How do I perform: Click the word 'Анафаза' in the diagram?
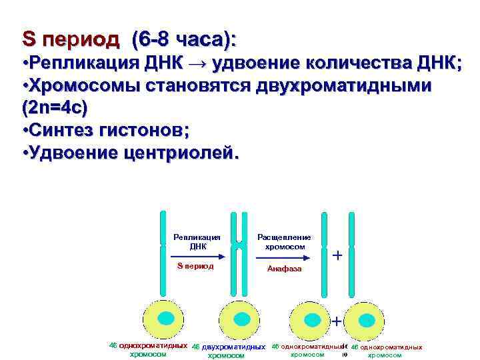click(284, 269)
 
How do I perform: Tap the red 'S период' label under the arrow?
click(195, 266)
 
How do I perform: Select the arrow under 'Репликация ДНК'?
click(197, 255)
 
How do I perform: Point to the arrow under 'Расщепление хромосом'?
click(284, 255)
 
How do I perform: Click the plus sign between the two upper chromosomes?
click(337, 255)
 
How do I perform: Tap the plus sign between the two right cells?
click(337, 321)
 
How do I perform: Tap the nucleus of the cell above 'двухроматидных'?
click(239, 318)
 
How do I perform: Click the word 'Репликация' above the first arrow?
click(197, 237)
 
